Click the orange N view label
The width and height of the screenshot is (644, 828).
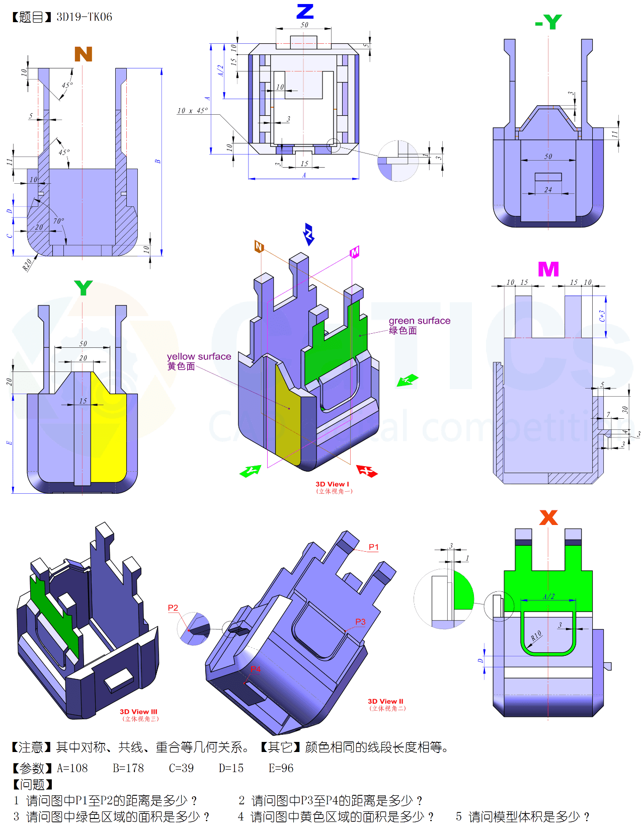83,54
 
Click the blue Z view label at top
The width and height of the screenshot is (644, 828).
305,11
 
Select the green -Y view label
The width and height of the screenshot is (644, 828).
548,22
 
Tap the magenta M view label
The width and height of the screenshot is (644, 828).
548,269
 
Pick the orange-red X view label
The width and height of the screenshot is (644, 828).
548,517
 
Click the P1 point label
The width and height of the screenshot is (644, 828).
373,547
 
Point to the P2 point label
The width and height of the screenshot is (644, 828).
173,608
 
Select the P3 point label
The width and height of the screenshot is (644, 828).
360,622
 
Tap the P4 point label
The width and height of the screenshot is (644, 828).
256,669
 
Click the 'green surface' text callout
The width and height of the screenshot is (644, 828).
419,321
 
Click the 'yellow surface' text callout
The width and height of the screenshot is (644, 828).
199,357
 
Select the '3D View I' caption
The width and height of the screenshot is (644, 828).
332,484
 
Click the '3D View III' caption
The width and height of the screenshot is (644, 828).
138,712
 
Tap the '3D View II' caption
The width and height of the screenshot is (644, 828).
385,701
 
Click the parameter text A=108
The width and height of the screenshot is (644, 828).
72,768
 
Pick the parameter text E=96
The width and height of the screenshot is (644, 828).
281,768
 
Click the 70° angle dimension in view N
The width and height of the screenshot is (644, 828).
58,221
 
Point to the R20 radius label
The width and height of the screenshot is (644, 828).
27,265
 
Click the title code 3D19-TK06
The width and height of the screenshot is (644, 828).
84,17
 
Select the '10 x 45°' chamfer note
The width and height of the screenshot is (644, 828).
192,111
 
